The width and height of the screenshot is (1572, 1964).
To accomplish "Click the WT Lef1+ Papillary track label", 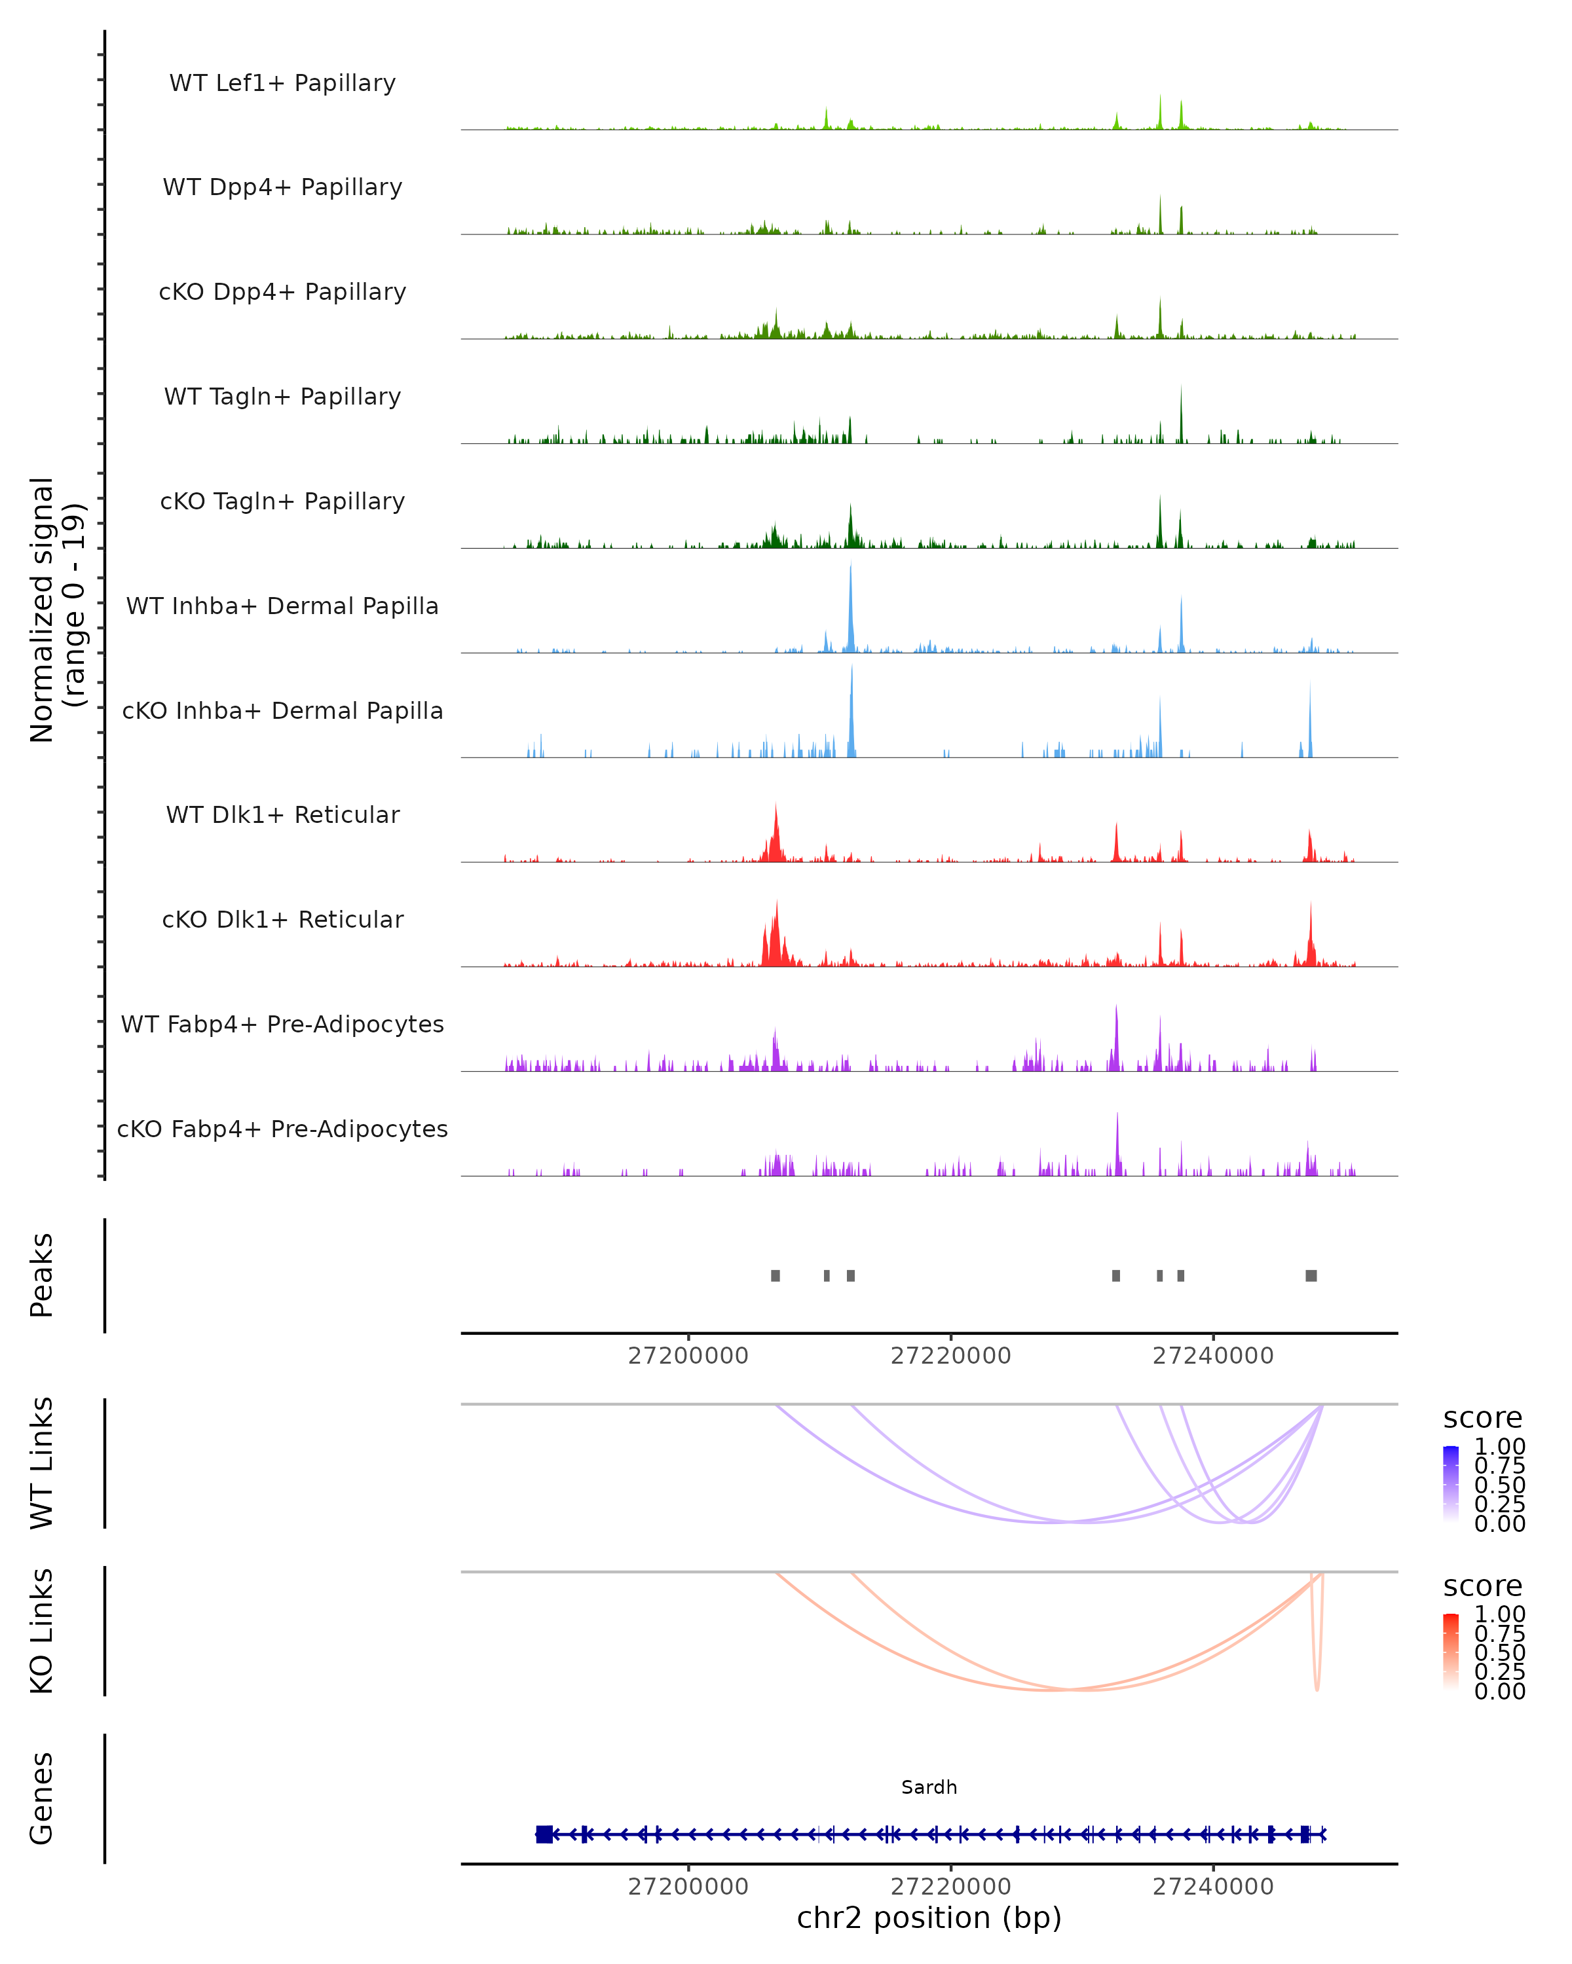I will tap(282, 83).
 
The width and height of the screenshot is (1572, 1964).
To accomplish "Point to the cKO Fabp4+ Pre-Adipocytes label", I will tap(282, 1129).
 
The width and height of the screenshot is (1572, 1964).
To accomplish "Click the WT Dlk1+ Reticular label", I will tap(282, 815).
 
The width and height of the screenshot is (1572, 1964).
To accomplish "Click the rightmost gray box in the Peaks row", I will tap(1311, 1275).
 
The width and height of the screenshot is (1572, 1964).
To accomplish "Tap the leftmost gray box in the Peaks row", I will tap(776, 1275).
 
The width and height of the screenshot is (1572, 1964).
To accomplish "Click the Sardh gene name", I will tap(929, 1787).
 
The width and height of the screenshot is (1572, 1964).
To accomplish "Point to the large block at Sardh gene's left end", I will tap(544, 1834).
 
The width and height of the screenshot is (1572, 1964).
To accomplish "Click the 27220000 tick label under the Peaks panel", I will tap(950, 1356).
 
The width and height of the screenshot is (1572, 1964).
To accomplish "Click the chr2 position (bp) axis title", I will tap(929, 1918).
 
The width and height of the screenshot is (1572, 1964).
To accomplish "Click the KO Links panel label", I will tap(42, 1631).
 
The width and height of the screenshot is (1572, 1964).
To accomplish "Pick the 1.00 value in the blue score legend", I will tap(1499, 1447).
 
